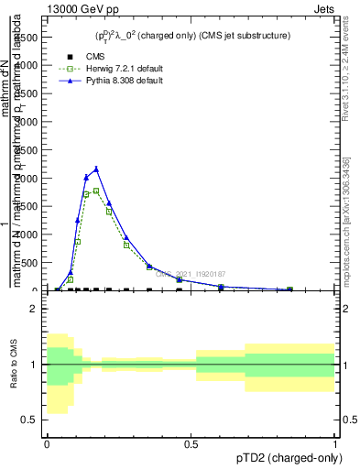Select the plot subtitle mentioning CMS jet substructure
click(x=189, y=36)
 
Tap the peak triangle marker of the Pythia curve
click(x=96, y=169)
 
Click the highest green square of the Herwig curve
click(x=96, y=191)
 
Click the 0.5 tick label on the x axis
click(x=191, y=442)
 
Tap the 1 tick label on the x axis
click(x=335, y=442)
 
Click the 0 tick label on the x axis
click(x=47, y=442)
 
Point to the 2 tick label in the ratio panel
click(x=33, y=310)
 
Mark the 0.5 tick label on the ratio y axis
click(x=28, y=420)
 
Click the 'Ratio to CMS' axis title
click(x=12, y=365)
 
